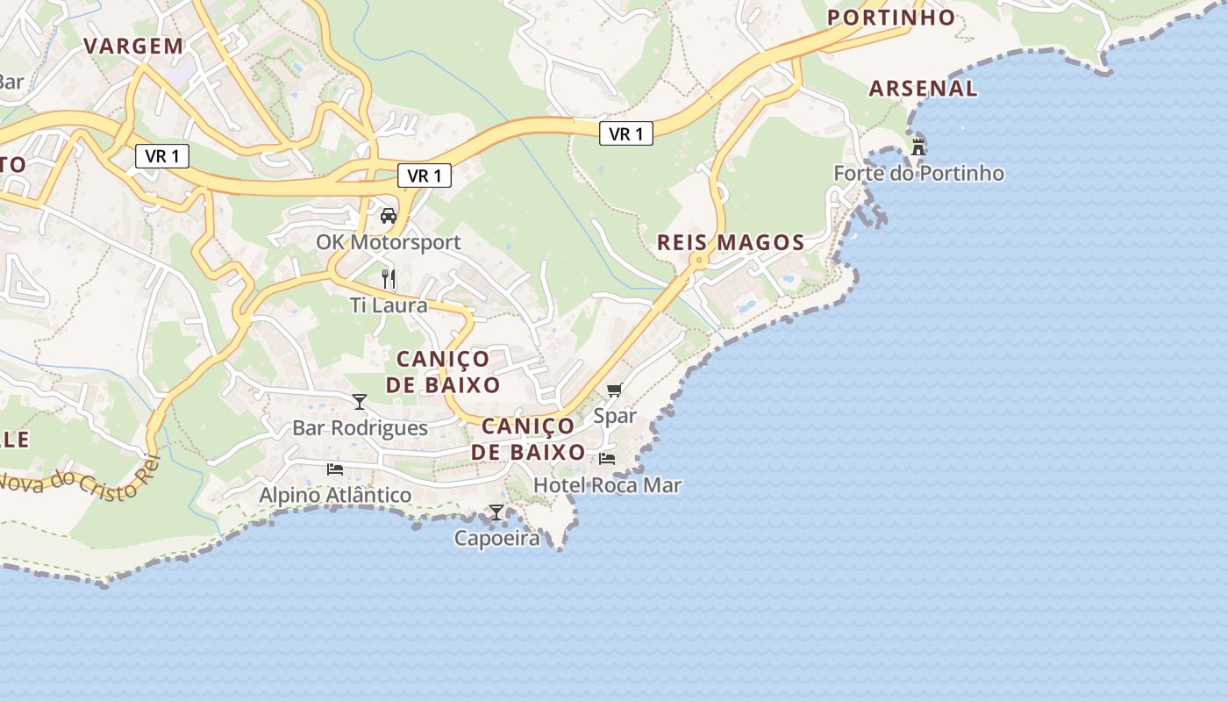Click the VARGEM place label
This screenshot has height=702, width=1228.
(x=133, y=46)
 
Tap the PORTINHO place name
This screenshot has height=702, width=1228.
(x=891, y=18)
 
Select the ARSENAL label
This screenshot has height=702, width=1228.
(x=923, y=88)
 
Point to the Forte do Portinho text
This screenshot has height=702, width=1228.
(x=918, y=173)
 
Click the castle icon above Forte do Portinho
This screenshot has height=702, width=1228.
(x=918, y=147)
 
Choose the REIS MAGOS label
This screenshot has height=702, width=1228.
(x=731, y=242)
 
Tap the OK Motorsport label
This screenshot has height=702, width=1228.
(x=389, y=241)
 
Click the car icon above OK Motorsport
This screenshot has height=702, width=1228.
(x=389, y=215)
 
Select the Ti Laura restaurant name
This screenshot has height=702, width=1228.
(x=389, y=305)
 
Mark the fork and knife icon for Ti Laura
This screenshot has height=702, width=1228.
(x=389, y=279)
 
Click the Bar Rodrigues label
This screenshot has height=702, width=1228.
(x=360, y=427)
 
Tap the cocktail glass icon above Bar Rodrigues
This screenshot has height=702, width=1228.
(x=360, y=402)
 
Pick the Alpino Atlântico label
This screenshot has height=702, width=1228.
(x=335, y=495)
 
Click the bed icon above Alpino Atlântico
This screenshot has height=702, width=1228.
(x=335, y=469)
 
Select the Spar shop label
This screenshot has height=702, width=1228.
(x=615, y=415)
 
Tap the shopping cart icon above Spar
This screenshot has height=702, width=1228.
(x=615, y=390)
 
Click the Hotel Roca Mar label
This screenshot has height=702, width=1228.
(x=607, y=484)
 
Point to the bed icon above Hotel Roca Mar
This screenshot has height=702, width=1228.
(x=607, y=459)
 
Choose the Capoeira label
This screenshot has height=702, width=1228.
(x=496, y=538)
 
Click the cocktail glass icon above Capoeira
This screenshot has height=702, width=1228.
(x=496, y=512)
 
